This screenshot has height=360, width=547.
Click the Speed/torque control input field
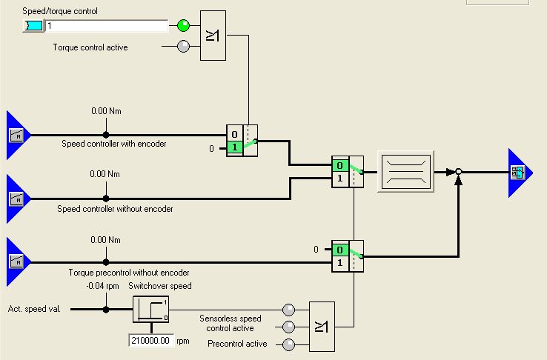pos(107,26)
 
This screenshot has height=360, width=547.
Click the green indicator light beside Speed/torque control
pos(184,26)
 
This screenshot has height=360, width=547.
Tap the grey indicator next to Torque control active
pos(184,47)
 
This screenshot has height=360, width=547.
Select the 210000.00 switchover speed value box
pos(151,341)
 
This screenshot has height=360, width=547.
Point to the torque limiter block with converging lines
pos(405,172)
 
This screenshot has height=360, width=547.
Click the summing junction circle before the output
pos(459,172)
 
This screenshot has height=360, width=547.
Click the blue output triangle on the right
pos(520,173)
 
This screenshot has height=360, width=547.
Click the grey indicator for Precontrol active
pos(289,344)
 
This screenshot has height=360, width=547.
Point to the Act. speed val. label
pos(35,309)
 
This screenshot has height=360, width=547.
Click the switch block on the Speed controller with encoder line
pos(242,140)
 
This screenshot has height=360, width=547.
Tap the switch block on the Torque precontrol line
pos(348,256)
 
